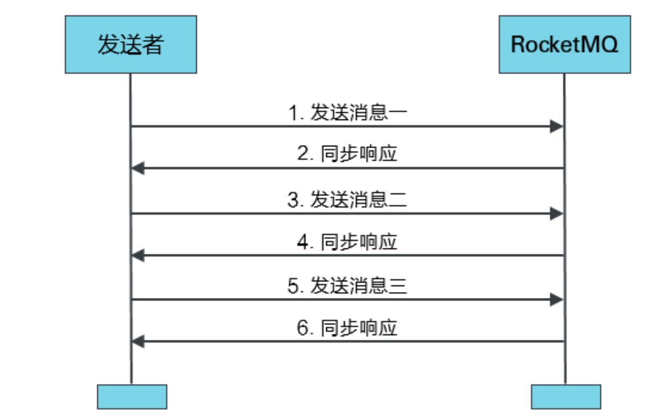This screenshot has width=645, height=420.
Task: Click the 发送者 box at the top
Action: [x=131, y=44]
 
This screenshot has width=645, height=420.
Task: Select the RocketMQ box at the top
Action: [x=564, y=44]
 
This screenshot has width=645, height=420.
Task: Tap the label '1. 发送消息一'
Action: [x=347, y=113]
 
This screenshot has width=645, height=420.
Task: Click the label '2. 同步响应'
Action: [x=347, y=155]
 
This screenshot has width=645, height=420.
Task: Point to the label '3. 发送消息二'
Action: [x=347, y=200]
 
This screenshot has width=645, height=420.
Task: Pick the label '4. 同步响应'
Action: [x=347, y=241]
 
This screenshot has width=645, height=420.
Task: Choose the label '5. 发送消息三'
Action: [x=347, y=286]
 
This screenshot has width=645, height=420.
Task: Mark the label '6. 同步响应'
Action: [x=347, y=328]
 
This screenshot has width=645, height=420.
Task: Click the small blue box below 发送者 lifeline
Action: [x=132, y=397]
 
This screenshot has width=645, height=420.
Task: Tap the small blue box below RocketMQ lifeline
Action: [x=565, y=397]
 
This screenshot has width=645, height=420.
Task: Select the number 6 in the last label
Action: [x=303, y=328]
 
